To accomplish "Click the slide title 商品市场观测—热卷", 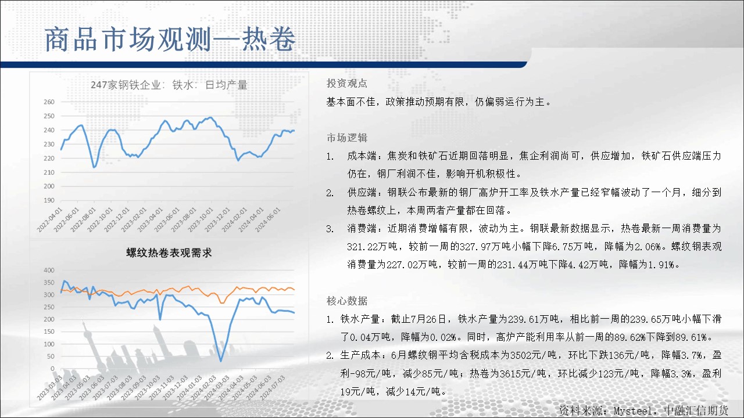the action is pos(170,39).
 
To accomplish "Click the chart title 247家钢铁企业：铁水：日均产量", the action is pos(169,85).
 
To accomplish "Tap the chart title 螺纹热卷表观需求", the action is pos(169,253).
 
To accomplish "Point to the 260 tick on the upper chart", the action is pos(49,102).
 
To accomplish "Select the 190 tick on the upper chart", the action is pos(49,200).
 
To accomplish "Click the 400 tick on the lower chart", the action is pos(49,270).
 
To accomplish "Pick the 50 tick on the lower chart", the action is pos(51,356).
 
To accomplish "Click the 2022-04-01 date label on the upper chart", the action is pos(49,219).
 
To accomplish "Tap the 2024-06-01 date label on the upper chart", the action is pos(268,219).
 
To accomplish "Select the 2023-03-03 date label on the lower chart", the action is pos(49,387).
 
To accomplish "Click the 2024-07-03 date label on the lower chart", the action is pos(273,387).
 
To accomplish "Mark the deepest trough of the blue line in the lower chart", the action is pos(221,361).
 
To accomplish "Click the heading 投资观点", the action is pos(347,83).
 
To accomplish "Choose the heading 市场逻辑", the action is pos(347,138).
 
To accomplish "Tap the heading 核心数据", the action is pos(347,301).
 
